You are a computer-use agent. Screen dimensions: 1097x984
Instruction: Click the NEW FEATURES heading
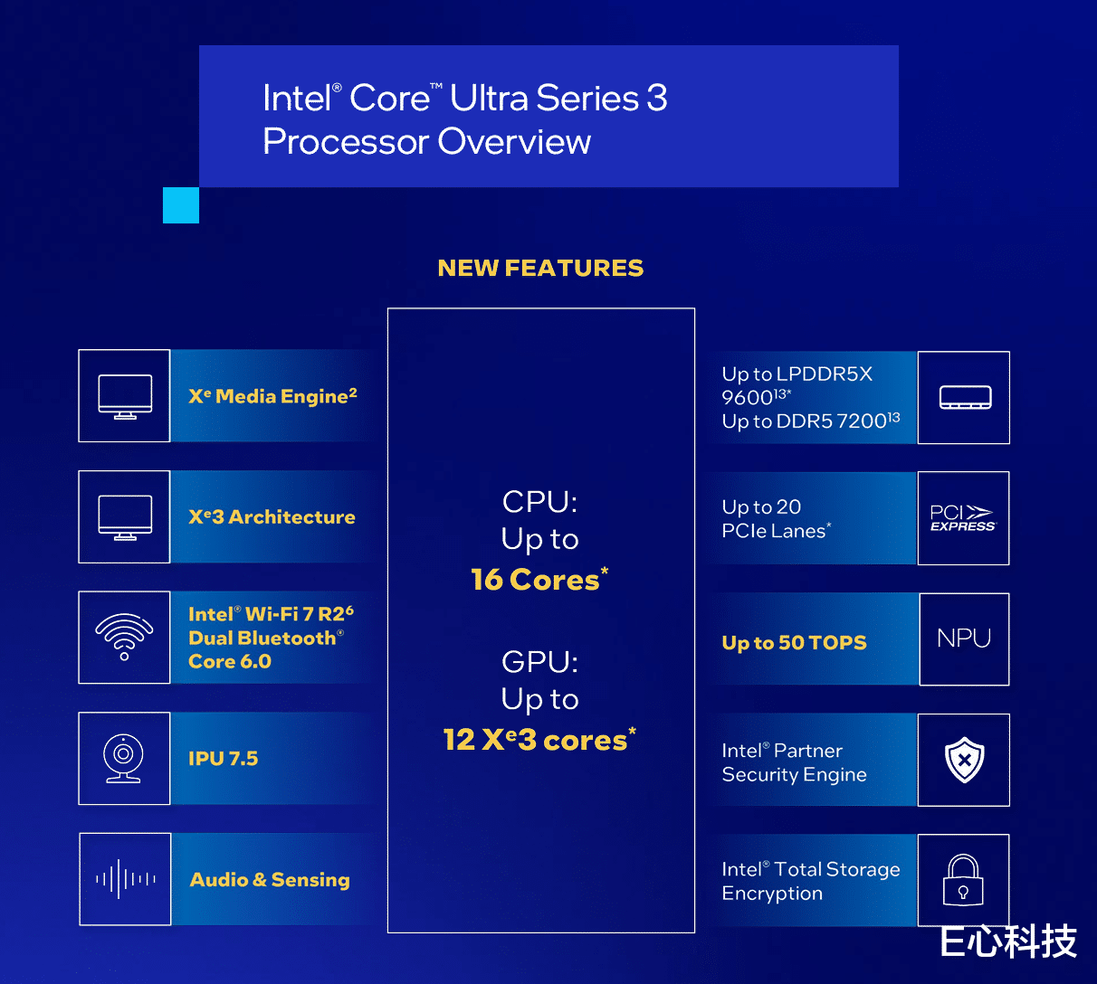[540, 268]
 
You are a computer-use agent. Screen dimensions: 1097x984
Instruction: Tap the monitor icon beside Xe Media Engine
[125, 396]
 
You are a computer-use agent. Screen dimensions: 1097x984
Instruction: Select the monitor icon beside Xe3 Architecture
[125, 517]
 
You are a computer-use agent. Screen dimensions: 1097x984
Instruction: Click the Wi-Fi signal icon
[124, 637]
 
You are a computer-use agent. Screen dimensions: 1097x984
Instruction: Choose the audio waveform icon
[126, 879]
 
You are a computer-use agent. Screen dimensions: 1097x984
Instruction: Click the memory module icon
[966, 398]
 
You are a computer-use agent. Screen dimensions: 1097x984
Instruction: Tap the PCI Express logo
[963, 518]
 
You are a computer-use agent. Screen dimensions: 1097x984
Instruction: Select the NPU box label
[964, 639]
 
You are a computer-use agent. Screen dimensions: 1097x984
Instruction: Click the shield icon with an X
[964, 760]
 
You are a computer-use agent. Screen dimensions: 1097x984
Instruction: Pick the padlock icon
[963, 880]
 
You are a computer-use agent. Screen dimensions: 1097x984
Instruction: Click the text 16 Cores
[539, 580]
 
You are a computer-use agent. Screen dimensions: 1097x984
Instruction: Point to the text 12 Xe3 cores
[539, 740]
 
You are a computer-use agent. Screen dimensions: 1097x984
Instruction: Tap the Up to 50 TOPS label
[794, 642]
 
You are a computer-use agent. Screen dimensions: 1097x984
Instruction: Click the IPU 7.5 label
[223, 759]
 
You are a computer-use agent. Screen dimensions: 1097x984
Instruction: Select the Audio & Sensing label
[270, 880]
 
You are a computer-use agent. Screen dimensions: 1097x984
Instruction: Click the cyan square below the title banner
[181, 205]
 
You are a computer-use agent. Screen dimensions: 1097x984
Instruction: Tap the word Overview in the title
[514, 142]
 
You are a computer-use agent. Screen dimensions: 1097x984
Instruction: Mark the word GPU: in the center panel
[539, 662]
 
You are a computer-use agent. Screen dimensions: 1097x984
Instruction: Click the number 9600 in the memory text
[748, 398]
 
